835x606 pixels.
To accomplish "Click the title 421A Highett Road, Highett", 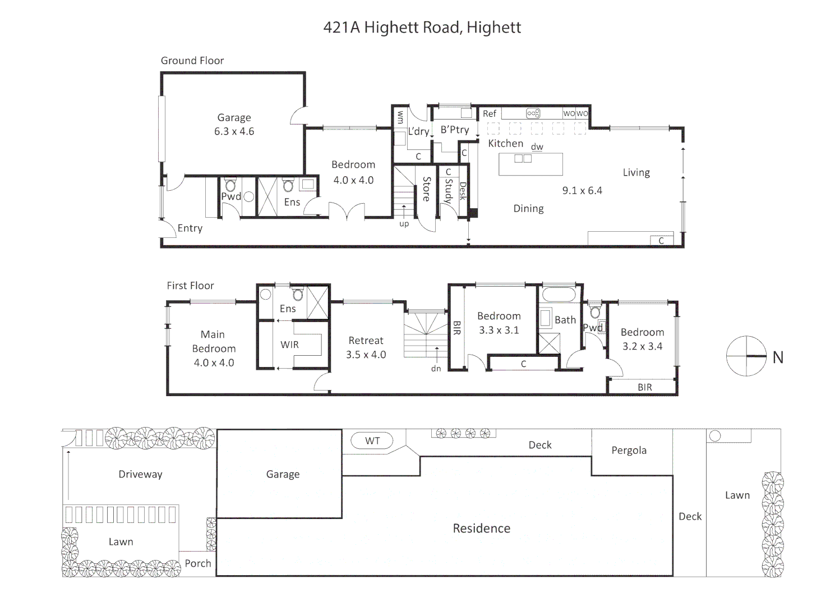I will (x=422, y=27).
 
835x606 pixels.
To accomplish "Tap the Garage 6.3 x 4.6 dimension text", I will (x=234, y=131).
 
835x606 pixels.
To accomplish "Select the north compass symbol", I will (x=746, y=356).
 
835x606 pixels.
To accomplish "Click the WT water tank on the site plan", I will (x=372, y=441).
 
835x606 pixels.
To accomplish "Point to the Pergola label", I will (x=629, y=451).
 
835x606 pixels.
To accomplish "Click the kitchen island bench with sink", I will (x=530, y=164).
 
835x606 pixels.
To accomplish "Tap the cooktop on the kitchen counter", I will (x=533, y=113).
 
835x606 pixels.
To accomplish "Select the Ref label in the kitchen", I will (x=490, y=114).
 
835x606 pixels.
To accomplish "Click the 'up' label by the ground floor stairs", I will (x=404, y=224).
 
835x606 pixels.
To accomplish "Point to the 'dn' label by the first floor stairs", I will (x=436, y=369).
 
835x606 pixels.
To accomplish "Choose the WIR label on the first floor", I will (x=289, y=345).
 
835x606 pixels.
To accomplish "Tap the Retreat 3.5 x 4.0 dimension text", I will (x=366, y=355).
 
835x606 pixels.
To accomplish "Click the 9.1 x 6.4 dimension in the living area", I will (x=582, y=191).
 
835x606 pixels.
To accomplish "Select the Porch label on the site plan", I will (x=198, y=563).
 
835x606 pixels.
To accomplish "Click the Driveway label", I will (x=140, y=474).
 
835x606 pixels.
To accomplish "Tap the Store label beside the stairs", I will (x=426, y=189).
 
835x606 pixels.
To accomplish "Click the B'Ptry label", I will (x=454, y=130).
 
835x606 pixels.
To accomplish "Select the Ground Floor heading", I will (x=192, y=61).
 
